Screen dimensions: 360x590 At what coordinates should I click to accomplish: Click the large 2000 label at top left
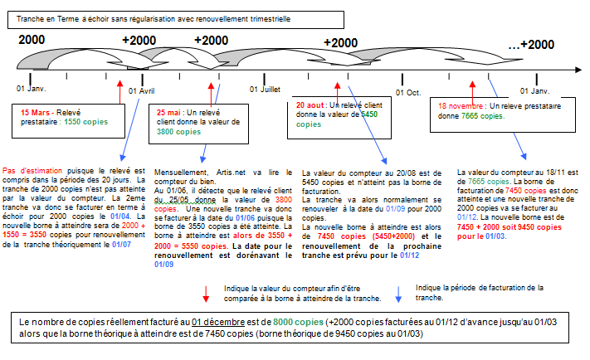pos(32,40)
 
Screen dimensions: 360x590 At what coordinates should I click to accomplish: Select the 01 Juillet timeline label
pos(277,88)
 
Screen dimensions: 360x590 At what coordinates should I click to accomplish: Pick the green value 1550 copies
pos(84,121)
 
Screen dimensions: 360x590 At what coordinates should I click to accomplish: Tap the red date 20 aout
pos(310,106)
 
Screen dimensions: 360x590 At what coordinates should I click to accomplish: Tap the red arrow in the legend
pos(205,292)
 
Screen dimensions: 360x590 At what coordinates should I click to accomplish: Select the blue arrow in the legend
pos(398,292)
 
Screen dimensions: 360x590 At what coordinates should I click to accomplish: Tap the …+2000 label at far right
pos(531,45)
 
